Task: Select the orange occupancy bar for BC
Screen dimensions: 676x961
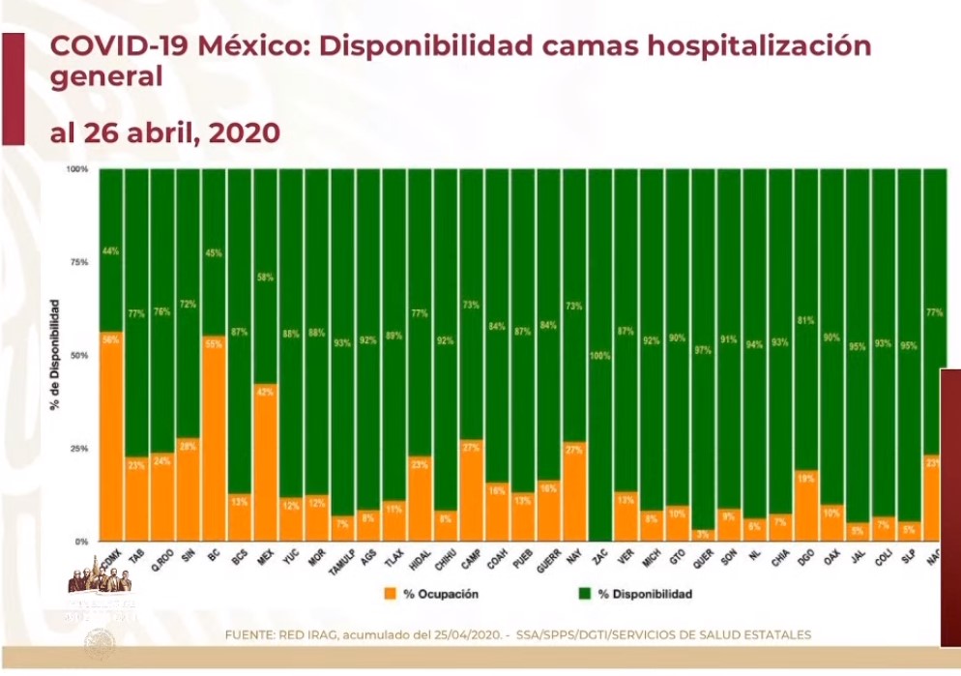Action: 215,439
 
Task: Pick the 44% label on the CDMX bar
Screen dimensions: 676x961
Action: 111,251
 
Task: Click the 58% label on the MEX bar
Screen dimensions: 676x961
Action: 266,278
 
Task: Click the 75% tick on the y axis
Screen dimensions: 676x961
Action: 77,262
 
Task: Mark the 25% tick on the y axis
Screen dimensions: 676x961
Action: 77,449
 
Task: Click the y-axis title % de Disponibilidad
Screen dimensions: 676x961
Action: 55,354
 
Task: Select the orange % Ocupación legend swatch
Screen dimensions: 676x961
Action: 392,594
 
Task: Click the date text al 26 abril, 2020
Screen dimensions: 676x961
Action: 164,133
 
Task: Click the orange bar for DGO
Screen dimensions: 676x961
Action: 806,506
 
